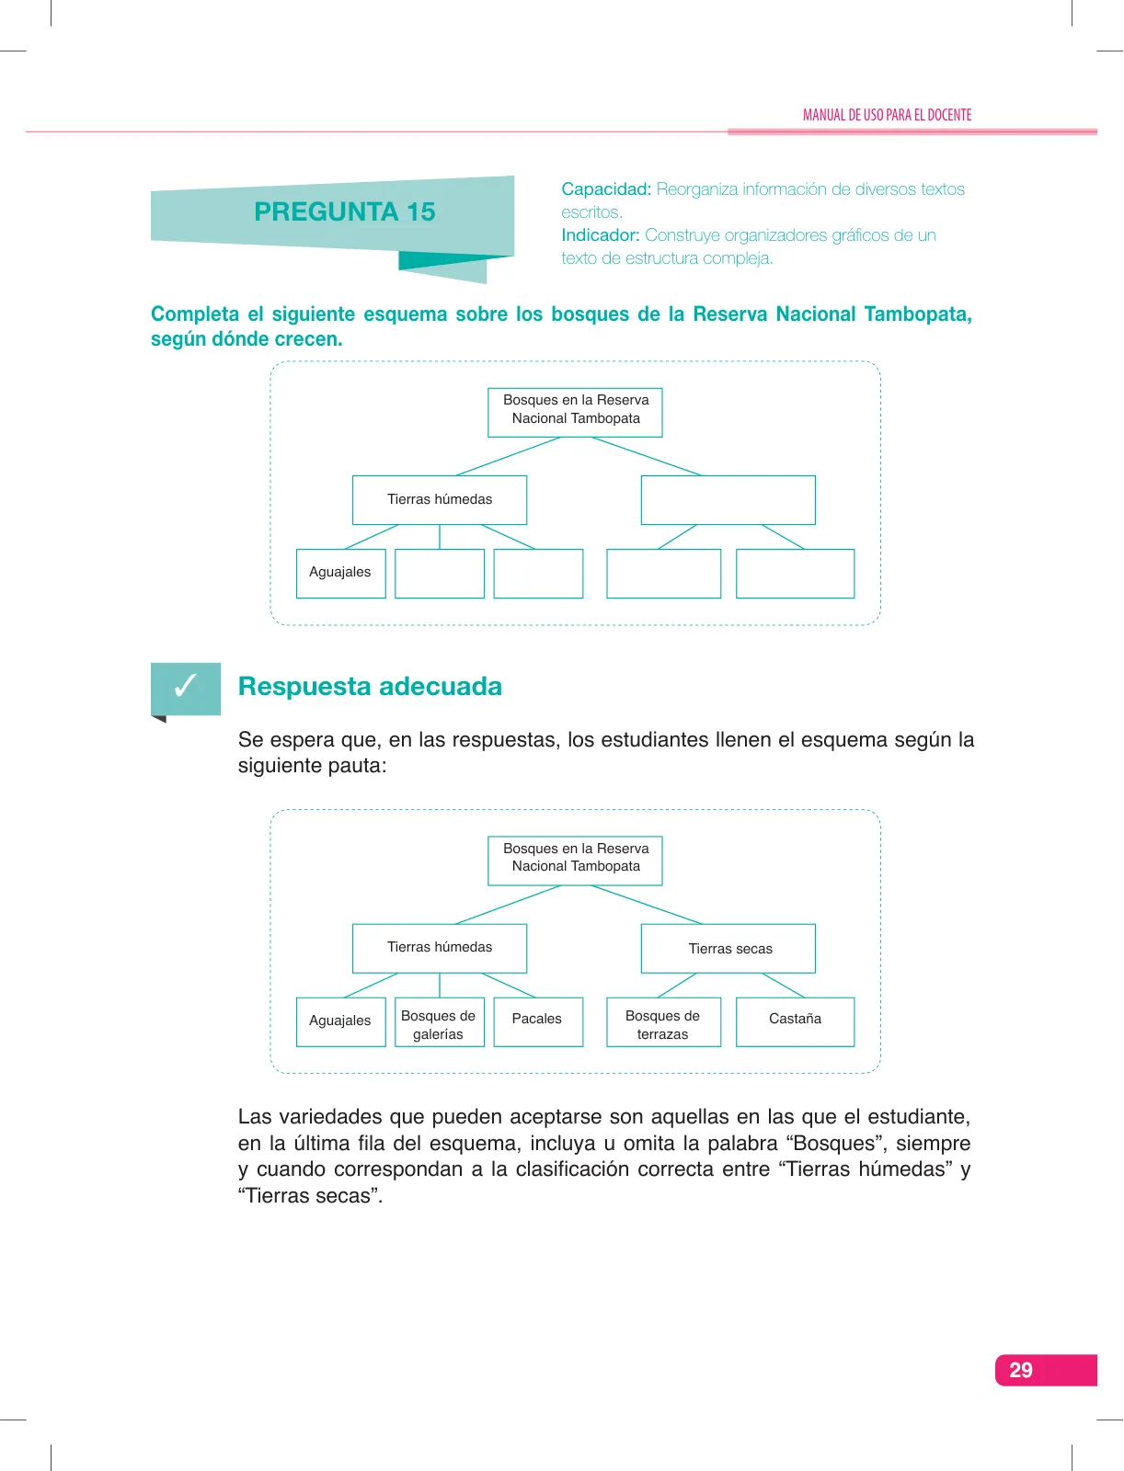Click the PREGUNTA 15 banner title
(x=345, y=211)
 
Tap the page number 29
(x=1020, y=1370)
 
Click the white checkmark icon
(x=185, y=685)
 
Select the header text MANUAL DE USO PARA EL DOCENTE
(x=887, y=115)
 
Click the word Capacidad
(x=606, y=189)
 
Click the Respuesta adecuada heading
(x=370, y=686)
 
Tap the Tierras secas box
(x=728, y=948)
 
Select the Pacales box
(x=538, y=1021)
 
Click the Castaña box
(x=795, y=1021)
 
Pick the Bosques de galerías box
(x=439, y=1021)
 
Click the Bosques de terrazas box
(x=663, y=1021)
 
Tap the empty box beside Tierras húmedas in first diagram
(x=728, y=500)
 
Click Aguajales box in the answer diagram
(x=340, y=1021)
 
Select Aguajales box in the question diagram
(x=340, y=573)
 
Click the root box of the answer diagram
(x=575, y=861)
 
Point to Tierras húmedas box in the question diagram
(x=439, y=500)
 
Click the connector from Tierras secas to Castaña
(x=783, y=986)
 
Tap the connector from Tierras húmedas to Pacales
(x=508, y=986)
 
